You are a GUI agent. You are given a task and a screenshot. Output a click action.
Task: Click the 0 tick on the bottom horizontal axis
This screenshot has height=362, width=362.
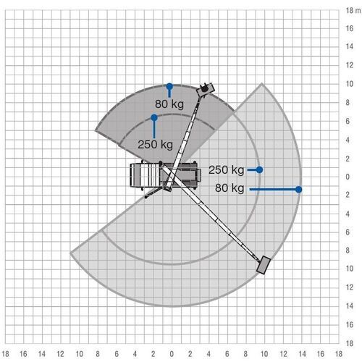click(x=172, y=355)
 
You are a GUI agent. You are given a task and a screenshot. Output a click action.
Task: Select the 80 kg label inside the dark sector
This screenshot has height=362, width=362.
click(x=171, y=103)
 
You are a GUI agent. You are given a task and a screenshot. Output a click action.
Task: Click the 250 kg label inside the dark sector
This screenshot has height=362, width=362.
click(x=154, y=143)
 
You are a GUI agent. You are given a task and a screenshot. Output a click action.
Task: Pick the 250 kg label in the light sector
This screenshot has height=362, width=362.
click(x=226, y=170)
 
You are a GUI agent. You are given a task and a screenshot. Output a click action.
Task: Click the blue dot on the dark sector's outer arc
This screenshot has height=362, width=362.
click(x=170, y=85)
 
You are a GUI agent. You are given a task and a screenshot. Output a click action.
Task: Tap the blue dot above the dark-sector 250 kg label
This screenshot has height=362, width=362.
click(x=153, y=117)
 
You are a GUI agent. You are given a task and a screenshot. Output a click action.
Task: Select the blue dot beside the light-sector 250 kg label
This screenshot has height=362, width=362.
click(x=259, y=169)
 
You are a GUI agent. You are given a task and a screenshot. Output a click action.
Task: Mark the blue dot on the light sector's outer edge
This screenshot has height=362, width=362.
click(x=298, y=190)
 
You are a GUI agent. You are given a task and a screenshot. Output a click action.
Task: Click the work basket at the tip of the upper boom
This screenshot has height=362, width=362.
click(x=207, y=90)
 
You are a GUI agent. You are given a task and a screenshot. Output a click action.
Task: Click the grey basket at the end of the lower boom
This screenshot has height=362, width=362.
click(x=265, y=266)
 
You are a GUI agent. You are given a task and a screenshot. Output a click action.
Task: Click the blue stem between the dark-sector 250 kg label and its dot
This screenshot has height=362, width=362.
click(x=153, y=127)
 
